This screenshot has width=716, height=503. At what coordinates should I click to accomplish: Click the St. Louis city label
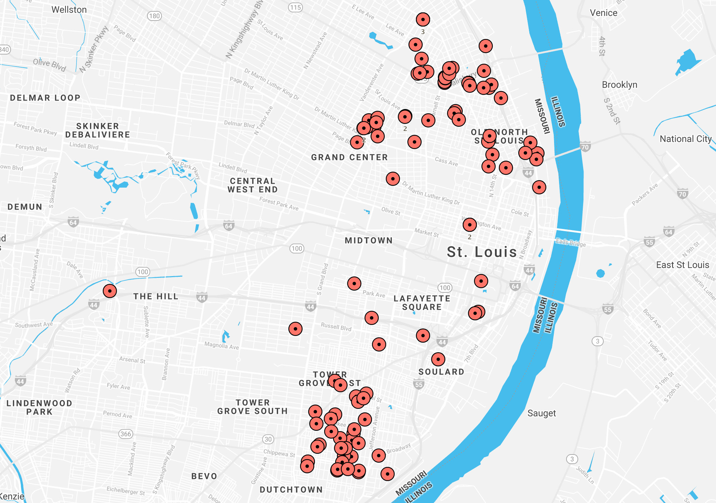(x=481, y=252)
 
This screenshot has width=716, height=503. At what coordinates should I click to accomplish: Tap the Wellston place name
(x=69, y=10)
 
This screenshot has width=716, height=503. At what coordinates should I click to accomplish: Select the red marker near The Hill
(x=110, y=291)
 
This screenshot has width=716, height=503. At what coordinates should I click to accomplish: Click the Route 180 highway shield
(x=154, y=16)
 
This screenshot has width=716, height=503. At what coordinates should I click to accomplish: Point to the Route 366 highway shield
(x=126, y=434)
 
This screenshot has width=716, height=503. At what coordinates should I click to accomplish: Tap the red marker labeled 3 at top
(x=423, y=19)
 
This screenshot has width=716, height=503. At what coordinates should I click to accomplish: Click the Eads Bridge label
(x=570, y=243)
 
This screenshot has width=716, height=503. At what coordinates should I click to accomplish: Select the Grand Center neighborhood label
(x=349, y=157)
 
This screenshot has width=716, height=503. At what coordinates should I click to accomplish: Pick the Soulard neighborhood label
(x=441, y=372)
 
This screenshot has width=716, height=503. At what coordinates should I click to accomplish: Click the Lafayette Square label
(x=422, y=303)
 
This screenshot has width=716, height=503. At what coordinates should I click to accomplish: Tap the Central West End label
(x=252, y=185)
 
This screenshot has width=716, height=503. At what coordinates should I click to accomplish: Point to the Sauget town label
(x=541, y=413)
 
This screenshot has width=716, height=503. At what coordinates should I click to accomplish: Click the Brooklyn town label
(x=619, y=85)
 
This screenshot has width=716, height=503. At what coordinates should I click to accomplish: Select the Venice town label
(x=603, y=13)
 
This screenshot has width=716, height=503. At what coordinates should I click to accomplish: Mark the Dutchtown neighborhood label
(x=291, y=490)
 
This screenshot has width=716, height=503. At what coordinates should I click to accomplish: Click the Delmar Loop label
(x=45, y=98)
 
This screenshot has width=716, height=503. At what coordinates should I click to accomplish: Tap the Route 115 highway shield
(x=295, y=7)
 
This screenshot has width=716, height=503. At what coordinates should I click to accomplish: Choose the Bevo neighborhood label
(x=204, y=476)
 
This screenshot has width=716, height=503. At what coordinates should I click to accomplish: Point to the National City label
(x=685, y=139)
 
